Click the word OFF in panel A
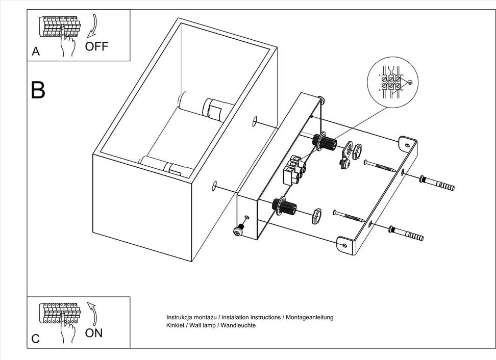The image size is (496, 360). click(96, 46)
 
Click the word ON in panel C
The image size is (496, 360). click(94, 333)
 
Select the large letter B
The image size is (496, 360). click(38, 90)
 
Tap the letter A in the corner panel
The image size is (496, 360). click(35, 52)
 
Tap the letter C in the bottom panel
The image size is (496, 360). click(35, 339)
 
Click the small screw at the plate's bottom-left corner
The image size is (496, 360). click(238, 230)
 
